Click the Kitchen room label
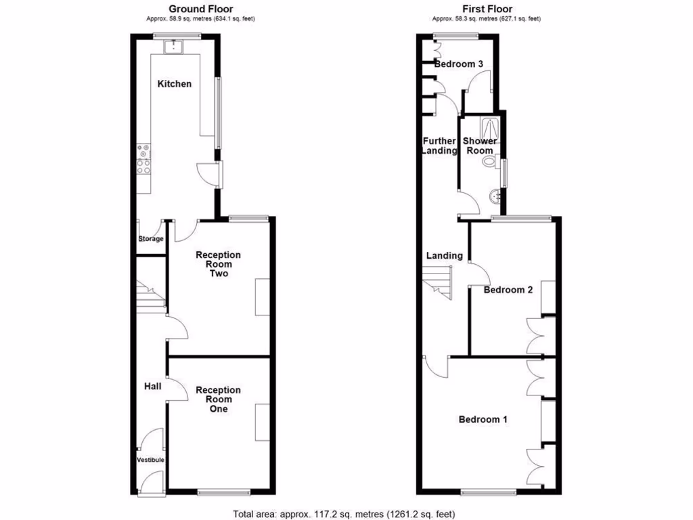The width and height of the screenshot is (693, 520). (x=175, y=84)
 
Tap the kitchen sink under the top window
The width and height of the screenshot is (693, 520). (x=175, y=46)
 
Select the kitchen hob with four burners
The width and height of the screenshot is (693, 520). (x=144, y=160)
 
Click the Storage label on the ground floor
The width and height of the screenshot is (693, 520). (x=151, y=239)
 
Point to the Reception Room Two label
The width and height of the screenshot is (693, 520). (x=218, y=264)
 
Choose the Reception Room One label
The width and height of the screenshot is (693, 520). (x=218, y=399)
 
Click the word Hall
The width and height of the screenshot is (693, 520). (x=152, y=386)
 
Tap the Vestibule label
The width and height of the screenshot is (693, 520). (x=151, y=460)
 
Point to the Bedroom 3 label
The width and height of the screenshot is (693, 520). (x=459, y=64)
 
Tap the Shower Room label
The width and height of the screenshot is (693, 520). (x=480, y=146)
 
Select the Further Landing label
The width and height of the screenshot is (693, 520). (x=439, y=146)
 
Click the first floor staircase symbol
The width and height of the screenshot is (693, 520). (x=437, y=280)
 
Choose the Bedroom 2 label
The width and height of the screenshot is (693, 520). (x=508, y=290)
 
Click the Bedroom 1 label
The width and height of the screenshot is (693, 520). (x=483, y=420)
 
